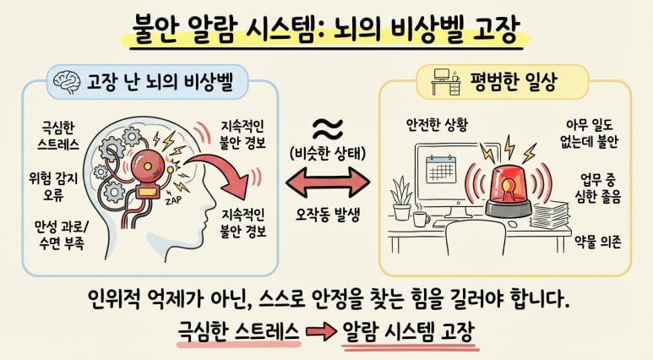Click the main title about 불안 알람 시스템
click(x=326, y=30)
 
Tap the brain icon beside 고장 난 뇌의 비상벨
click(x=67, y=82)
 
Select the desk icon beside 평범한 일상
click(x=446, y=81)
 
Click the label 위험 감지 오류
click(x=53, y=186)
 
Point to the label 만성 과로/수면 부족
click(x=62, y=235)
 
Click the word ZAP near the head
click(x=173, y=200)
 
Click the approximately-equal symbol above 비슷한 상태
click(x=328, y=128)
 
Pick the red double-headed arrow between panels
click(x=328, y=182)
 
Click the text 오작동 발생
click(x=327, y=215)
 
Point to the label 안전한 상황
click(x=437, y=124)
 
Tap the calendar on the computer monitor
click(x=441, y=169)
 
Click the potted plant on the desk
click(x=401, y=198)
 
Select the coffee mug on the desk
click(x=422, y=218)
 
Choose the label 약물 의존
click(x=598, y=241)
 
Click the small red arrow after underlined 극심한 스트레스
click(x=321, y=331)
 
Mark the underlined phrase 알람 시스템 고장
click(x=409, y=331)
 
